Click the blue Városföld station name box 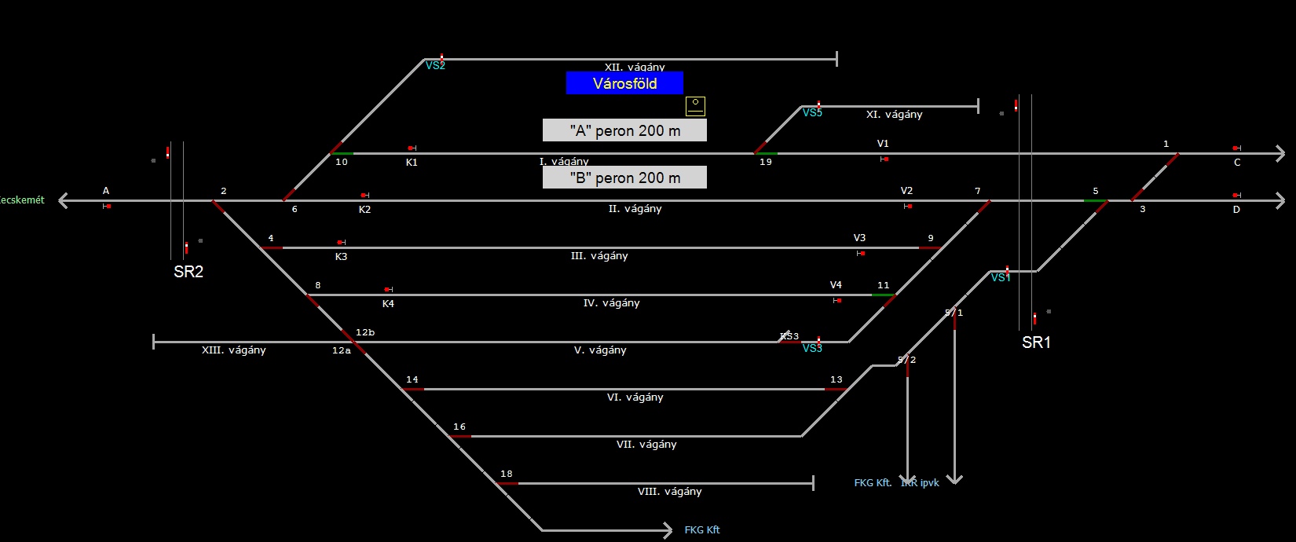624,83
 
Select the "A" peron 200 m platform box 624,130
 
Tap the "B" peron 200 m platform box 624,178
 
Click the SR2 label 189,272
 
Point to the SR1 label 1036,342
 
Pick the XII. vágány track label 635,68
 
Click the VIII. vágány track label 669,492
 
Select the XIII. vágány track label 233,350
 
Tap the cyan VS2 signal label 435,66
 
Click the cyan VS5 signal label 812,113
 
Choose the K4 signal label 388,304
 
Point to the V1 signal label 883,144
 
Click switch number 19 766,162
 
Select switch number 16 459,427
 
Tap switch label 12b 365,333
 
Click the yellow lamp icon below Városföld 695,105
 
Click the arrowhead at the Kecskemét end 63,201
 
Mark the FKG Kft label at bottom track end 701,530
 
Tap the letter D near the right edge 1236,210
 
